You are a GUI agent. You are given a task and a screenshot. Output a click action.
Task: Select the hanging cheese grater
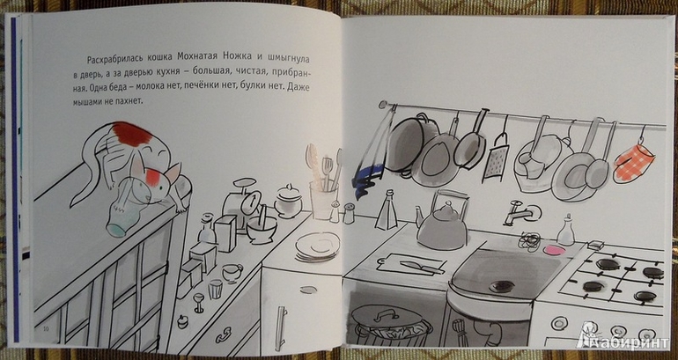495,158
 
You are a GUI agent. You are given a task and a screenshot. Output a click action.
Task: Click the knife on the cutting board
421,267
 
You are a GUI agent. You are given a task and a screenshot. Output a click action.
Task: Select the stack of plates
318,246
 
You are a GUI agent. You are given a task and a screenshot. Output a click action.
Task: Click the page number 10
46,330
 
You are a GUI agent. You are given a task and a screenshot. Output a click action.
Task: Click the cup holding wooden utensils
323,200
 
